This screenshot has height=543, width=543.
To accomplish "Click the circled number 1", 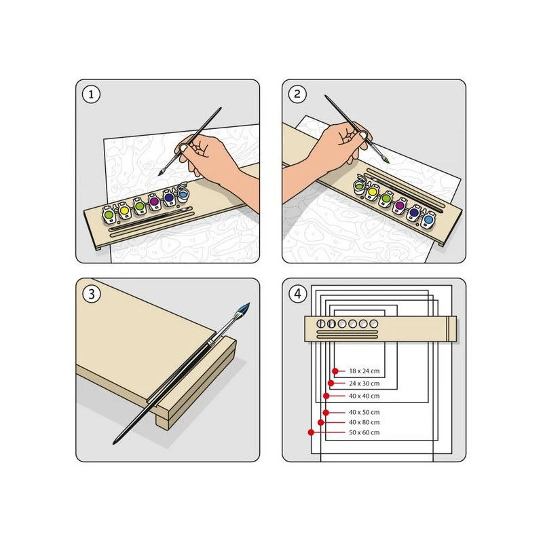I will [91, 94].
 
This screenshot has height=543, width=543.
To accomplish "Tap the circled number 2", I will [297, 94].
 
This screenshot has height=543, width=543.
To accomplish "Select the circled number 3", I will [91, 294].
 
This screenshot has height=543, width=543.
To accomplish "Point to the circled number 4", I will [297, 294].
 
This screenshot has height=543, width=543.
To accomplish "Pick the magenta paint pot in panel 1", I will [154, 202].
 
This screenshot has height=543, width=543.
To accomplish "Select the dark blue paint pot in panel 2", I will [414, 213].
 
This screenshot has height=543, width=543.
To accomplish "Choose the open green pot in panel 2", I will [359, 185].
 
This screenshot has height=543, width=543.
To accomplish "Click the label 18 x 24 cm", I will [364, 371].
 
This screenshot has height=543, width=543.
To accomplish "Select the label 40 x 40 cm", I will [364, 396].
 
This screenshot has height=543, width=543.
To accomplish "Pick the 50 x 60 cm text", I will [364, 432].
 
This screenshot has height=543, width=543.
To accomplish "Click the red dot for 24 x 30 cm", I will [331, 383].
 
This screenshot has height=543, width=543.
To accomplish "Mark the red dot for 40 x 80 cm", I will [320, 422].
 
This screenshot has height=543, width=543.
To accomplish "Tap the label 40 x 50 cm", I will [364, 412].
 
